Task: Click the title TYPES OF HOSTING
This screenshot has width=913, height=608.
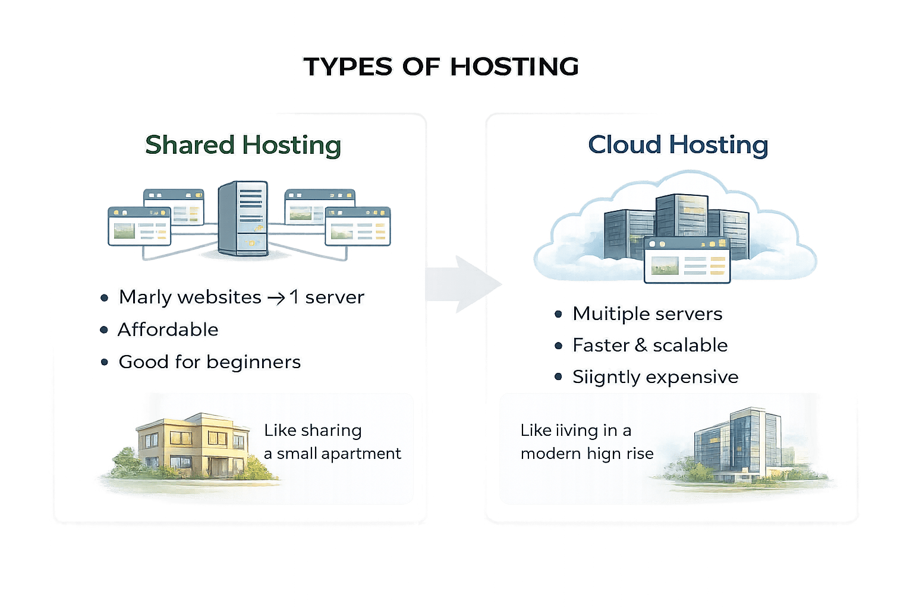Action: pos(441,66)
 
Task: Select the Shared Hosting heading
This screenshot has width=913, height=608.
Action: pos(243,145)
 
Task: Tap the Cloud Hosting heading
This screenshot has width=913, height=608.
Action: pos(678,145)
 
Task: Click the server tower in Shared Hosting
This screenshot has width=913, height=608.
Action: pos(243,218)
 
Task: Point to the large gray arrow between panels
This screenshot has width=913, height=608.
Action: pos(464,284)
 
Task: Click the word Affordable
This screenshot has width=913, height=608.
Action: pos(168,330)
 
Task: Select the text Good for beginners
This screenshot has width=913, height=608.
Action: pos(210,362)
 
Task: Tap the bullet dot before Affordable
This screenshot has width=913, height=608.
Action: pos(105,330)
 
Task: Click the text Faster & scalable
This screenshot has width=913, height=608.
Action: pos(650,345)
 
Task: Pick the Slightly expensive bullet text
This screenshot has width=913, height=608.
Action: pos(655,377)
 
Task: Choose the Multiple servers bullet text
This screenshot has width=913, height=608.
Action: pos(647,313)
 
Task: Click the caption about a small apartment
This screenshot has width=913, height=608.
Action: pos(332,442)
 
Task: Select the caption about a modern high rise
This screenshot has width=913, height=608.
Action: pos(587,442)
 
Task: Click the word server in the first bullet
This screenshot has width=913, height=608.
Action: pos(334,297)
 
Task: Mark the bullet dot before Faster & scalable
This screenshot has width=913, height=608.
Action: pos(558,346)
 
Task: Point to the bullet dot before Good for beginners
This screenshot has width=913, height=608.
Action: pos(105,362)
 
